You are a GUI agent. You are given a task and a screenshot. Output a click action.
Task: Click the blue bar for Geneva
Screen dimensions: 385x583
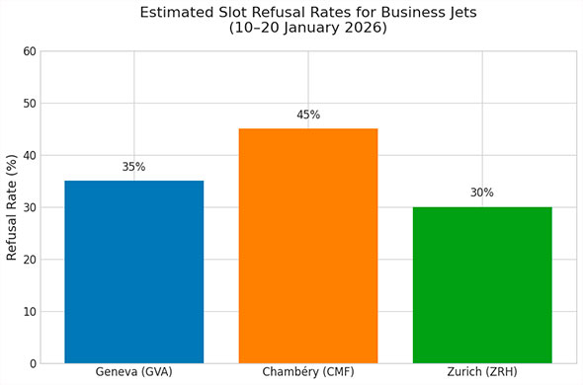[x=133, y=271]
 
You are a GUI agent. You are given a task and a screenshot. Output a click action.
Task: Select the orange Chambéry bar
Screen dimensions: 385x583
[x=307, y=246]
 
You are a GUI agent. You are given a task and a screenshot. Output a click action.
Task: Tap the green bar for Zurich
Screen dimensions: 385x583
[x=481, y=285]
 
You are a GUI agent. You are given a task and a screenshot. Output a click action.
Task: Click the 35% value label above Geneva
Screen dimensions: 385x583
[x=133, y=167]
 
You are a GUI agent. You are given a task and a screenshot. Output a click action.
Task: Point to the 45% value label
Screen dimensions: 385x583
[x=307, y=115]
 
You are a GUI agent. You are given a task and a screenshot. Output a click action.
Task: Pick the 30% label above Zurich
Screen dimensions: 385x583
[x=481, y=193]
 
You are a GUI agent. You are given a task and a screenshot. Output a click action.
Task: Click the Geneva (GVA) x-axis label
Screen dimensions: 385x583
[x=133, y=372]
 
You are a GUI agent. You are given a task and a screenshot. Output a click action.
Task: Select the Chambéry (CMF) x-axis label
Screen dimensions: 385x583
[x=307, y=372]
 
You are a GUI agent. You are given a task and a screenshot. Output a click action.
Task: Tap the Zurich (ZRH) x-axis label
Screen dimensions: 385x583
[x=481, y=372]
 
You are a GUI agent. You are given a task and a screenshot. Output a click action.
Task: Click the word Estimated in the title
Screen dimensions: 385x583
[x=177, y=13]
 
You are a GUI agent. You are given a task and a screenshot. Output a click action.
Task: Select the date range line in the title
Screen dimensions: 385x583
[x=307, y=30]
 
